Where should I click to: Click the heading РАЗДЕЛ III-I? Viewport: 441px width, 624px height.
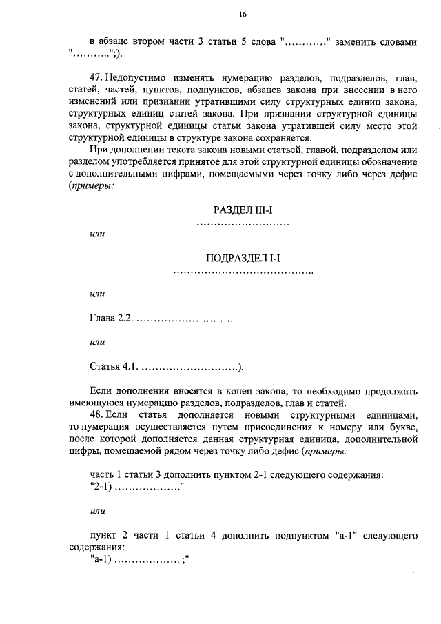click(243, 210)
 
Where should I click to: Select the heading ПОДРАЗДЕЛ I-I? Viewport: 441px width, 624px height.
click(243, 258)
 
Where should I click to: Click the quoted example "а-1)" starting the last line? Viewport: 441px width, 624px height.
click(100, 561)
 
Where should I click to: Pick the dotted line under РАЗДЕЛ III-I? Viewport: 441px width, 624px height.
click(243, 224)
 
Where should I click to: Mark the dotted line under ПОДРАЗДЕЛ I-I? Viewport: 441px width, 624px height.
click(243, 273)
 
